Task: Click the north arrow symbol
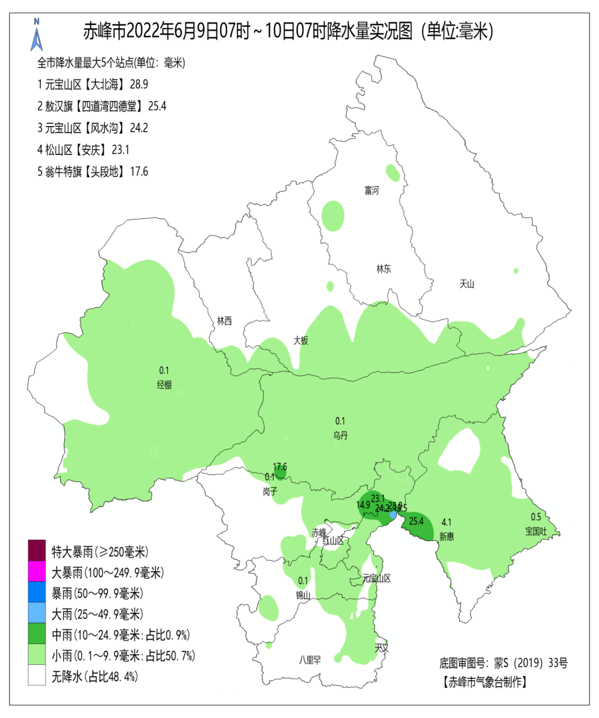37,36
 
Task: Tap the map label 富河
372,191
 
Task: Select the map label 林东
384,269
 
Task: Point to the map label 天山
467,284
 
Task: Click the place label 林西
225,321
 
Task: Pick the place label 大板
301,341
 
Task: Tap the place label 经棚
164,385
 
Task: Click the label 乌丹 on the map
341,436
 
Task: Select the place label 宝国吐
536,532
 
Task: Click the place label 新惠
446,537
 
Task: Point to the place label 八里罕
310,660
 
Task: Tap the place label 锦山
303,595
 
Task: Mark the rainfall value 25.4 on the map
416,521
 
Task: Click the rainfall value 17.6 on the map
280,467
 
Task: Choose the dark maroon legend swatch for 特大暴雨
37,551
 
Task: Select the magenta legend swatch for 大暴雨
37,572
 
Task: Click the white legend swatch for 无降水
37,676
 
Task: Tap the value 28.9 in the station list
139,84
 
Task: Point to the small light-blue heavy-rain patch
393,515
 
